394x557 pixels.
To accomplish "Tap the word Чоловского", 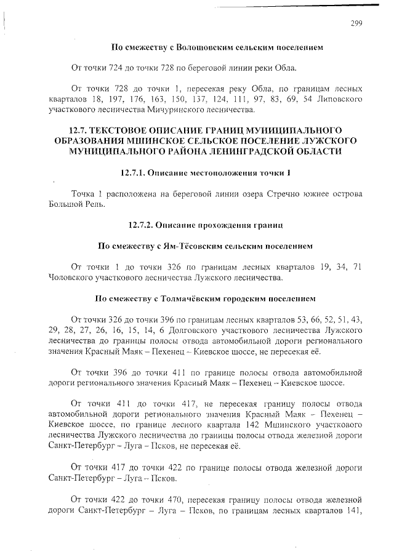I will point(71,278).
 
